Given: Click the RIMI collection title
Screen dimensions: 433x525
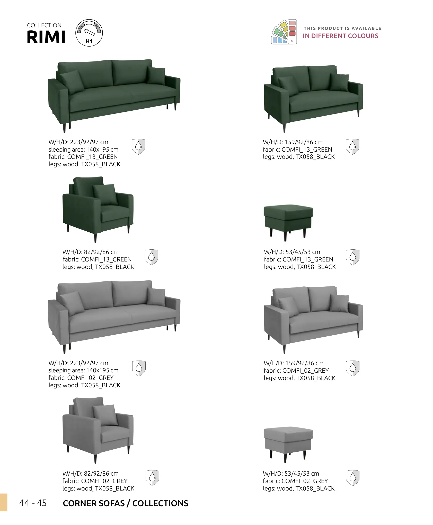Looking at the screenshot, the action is [46, 37].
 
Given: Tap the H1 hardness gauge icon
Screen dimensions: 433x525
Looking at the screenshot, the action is [89, 33].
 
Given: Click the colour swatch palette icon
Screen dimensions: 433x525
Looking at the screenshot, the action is [284, 32].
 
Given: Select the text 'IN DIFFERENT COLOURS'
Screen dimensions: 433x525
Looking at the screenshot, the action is [341, 36].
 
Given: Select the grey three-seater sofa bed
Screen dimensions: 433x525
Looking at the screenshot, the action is [114, 317].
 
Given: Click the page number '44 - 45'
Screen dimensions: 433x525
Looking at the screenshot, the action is [33, 503].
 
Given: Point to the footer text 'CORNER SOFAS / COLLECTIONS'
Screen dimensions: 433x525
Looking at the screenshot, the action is [126, 503].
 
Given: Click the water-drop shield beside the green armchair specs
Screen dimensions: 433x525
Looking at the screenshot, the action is [152, 257].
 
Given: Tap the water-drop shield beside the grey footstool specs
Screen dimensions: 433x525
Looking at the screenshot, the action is [353, 478].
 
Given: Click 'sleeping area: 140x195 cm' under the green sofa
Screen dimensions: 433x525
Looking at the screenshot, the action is [84, 150].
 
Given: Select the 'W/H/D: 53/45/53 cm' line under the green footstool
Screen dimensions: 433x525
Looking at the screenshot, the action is [292, 252].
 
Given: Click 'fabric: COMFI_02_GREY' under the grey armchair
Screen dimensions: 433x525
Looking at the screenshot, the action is [95, 481].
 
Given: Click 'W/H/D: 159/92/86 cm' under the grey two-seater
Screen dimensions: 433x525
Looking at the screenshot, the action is [294, 363].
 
